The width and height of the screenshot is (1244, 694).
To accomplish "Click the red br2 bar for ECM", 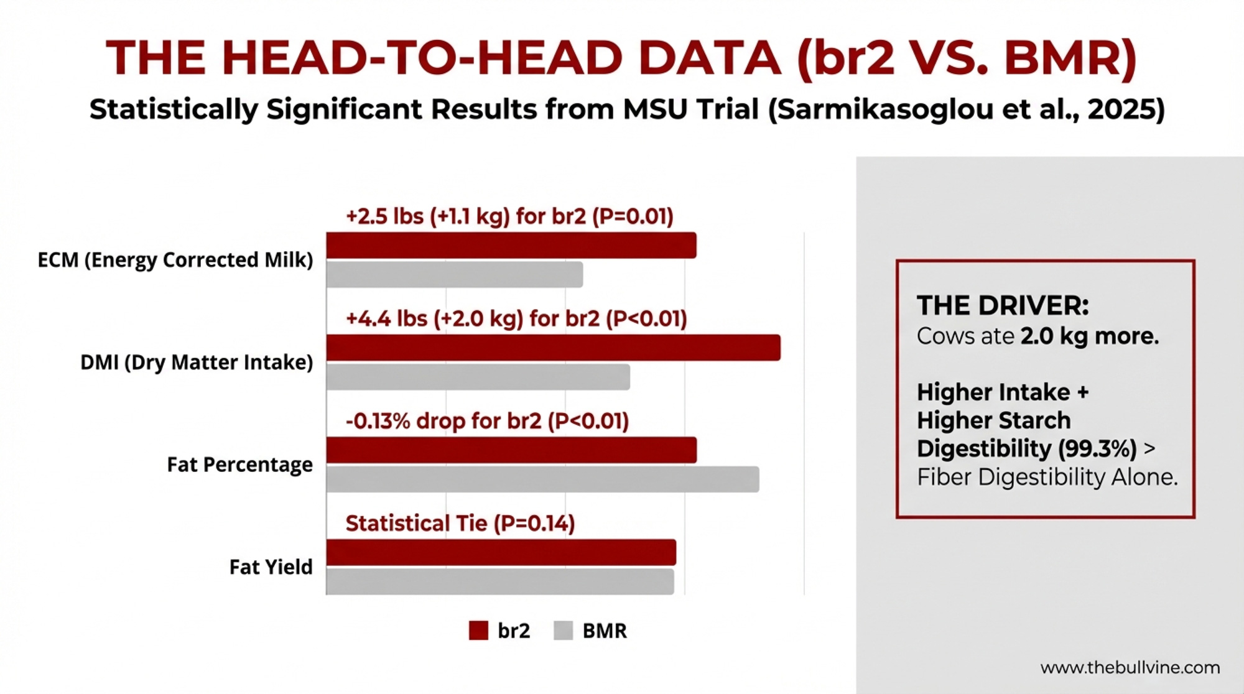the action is point(511,245).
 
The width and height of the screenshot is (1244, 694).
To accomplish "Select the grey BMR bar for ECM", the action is point(455,274).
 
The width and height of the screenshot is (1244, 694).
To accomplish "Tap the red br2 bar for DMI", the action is point(554,348).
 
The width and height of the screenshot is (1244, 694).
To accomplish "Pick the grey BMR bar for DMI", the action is point(478,377).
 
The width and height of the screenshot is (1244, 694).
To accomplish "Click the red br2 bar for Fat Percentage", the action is point(511,450).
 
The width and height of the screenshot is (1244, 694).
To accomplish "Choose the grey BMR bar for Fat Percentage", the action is point(543,479).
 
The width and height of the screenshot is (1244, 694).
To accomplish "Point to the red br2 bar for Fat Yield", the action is point(501,552).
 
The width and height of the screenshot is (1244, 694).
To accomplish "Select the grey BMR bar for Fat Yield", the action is point(500,581).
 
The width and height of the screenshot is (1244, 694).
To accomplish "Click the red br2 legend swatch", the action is point(478,631).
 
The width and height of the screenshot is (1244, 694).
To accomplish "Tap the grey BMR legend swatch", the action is point(563,631).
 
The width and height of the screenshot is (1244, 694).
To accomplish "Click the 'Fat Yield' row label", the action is point(271,567).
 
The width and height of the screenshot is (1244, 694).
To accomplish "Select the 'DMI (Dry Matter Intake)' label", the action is point(197,362).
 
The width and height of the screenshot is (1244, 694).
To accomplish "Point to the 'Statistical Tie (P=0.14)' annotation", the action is point(460,524).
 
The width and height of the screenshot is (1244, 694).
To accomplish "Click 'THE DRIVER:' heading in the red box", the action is point(1003,305).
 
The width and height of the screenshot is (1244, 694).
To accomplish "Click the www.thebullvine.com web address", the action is point(1130,668).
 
